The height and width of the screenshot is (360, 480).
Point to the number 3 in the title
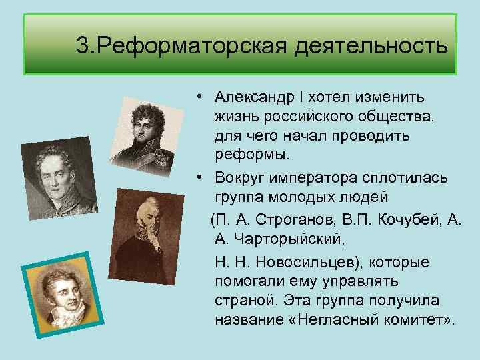(x=81, y=46)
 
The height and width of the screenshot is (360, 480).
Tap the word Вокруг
(x=240, y=178)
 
